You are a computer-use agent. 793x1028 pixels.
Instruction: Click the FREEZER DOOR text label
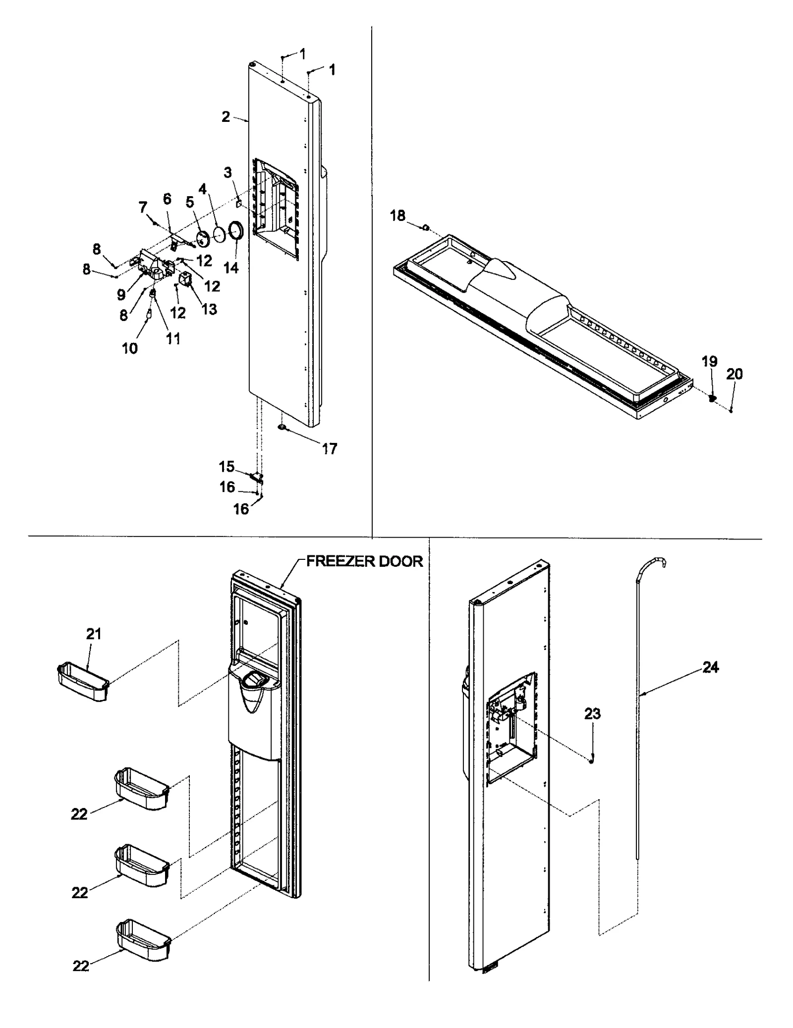(364, 561)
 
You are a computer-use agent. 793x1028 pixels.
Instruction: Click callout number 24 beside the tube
(710, 667)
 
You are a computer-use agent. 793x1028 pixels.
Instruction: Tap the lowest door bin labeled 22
(143, 936)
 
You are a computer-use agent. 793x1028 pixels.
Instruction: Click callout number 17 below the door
(330, 449)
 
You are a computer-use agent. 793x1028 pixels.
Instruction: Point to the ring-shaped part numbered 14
(235, 231)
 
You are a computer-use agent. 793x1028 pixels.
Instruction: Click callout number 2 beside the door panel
(226, 117)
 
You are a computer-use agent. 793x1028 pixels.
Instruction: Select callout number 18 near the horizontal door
(397, 216)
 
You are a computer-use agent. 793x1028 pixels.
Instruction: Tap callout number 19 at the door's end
(709, 361)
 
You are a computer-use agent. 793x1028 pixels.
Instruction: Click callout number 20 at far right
(735, 374)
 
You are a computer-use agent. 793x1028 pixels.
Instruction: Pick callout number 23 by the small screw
(592, 713)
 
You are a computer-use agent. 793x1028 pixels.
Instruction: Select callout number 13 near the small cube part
(209, 309)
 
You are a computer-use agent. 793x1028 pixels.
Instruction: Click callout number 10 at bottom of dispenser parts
(130, 348)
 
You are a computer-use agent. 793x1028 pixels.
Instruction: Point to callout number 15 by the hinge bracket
(227, 466)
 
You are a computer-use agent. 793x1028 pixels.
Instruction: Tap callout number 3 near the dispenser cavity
(227, 172)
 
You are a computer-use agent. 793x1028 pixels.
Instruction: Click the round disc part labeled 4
(219, 234)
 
